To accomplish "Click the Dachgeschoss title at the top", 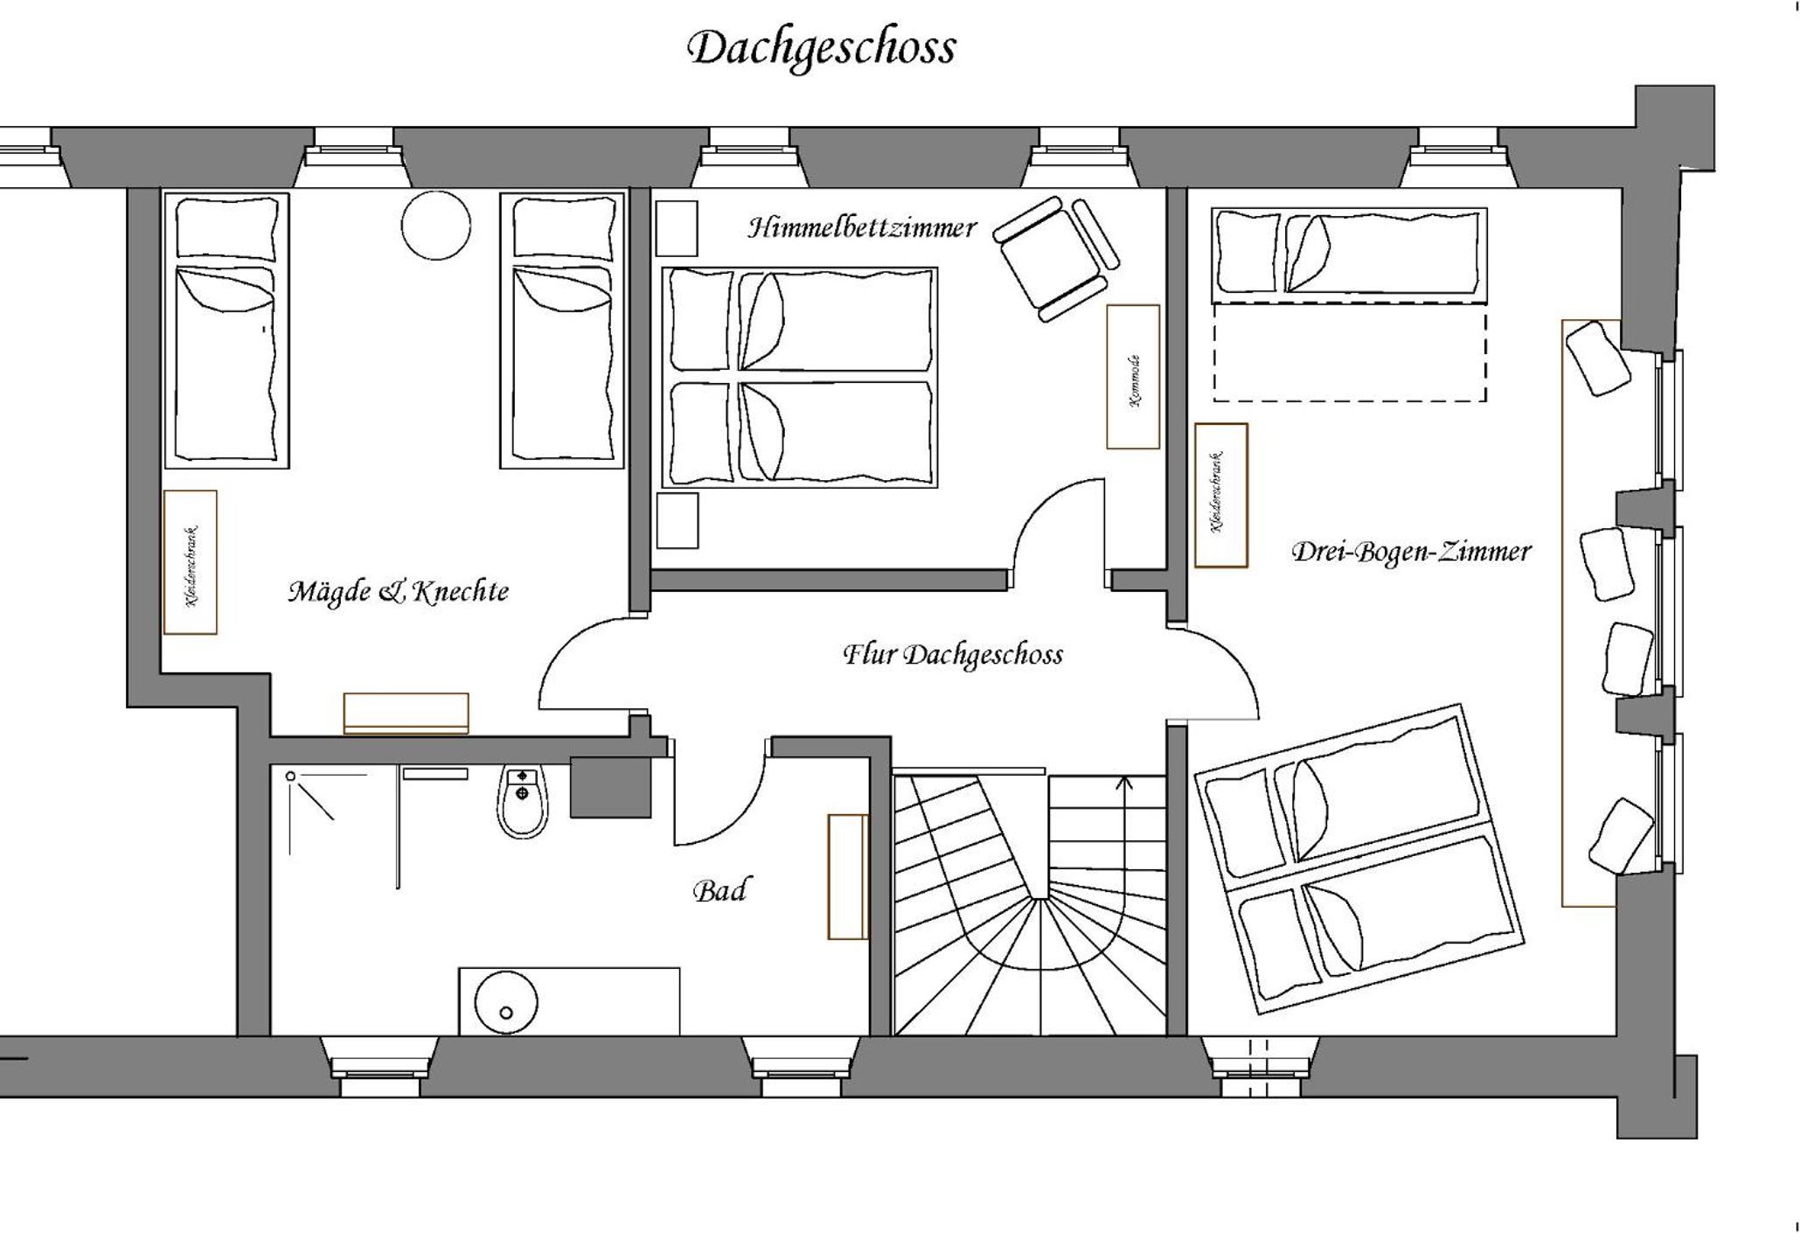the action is (821, 49).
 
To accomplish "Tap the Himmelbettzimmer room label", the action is (861, 228).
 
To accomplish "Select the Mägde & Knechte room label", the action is (399, 592).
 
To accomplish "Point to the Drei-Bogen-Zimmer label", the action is (1411, 552).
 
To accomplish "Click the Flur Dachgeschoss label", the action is (953, 655).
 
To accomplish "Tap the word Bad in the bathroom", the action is (719, 891).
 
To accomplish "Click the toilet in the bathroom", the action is (523, 800).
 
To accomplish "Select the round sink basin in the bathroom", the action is (505, 1002).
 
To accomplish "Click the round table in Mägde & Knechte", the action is (435, 225).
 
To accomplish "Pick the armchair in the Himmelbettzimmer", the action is (1055, 258).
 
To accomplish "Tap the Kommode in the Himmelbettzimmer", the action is (1133, 377).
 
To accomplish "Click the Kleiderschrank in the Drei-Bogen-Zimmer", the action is (1220, 495).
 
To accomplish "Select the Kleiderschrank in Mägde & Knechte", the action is (190, 562).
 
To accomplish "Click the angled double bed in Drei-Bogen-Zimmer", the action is (1359, 859).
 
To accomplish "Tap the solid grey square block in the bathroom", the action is (610, 787).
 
